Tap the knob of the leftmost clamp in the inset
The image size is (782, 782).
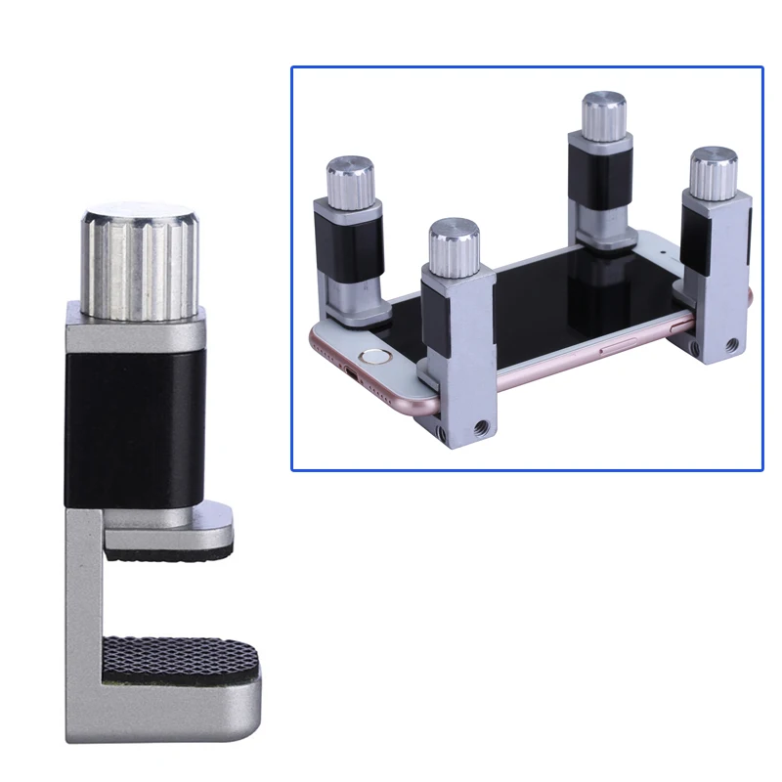347,178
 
